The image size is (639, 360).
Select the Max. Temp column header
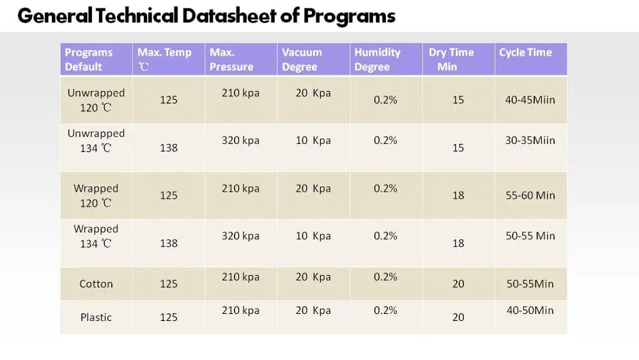tap(164, 59)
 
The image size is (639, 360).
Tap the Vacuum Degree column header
tap(302, 59)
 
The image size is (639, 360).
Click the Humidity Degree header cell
tap(377, 59)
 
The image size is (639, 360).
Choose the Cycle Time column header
tap(525, 52)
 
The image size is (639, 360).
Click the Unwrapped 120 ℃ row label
tap(96, 100)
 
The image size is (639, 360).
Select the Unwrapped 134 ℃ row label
tap(96, 141)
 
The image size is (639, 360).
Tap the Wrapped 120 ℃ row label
tap(96, 196)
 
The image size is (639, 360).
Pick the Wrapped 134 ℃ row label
tap(96, 236)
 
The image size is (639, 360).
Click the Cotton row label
tap(96, 284)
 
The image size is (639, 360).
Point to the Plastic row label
tap(96, 317)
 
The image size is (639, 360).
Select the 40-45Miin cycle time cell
tap(530, 100)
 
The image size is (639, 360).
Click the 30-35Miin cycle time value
tap(530, 140)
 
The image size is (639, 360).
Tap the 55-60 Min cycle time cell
tap(530, 196)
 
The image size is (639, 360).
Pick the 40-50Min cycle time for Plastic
tap(530, 310)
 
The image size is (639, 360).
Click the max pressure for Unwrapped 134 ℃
tap(240, 140)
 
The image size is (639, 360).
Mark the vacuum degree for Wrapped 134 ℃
tap(313, 236)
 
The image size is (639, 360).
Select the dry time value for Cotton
tap(458, 284)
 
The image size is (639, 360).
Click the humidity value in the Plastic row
tap(385, 310)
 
